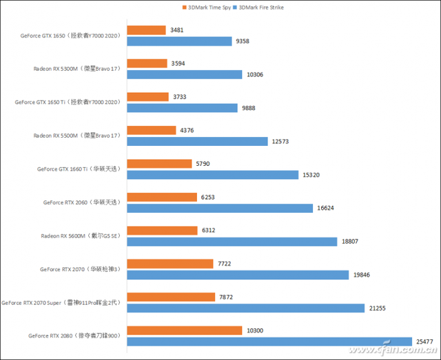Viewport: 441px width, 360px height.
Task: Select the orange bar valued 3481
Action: click(x=146, y=30)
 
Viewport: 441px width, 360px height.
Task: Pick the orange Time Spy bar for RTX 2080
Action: click(x=185, y=330)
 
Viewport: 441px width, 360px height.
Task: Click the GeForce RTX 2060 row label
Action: click(x=81, y=202)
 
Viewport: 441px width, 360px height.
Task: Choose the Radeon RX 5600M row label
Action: click(x=81, y=236)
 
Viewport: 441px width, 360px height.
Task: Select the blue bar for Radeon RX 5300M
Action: click(x=185, y=74)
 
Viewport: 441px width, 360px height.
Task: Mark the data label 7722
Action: click(x=227, y=264)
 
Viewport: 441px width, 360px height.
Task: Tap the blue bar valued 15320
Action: click(x=212, y=175)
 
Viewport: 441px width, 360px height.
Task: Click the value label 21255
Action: click(x=379, y=308)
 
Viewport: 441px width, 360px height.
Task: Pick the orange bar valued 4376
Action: click(x=151, y=130)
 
